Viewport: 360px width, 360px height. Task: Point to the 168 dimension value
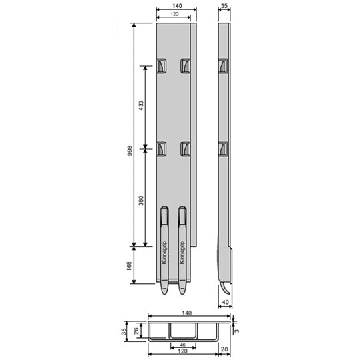click(x=130, y=266)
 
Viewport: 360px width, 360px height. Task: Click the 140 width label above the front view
click(x=176, y=6)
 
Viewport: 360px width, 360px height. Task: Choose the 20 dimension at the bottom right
click(x=224, y=349)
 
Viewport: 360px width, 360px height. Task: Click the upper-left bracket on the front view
click(x=162, y=65)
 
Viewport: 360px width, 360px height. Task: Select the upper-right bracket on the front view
click(x=186, y=65)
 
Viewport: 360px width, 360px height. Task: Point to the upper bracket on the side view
click(x=223, y=65)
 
